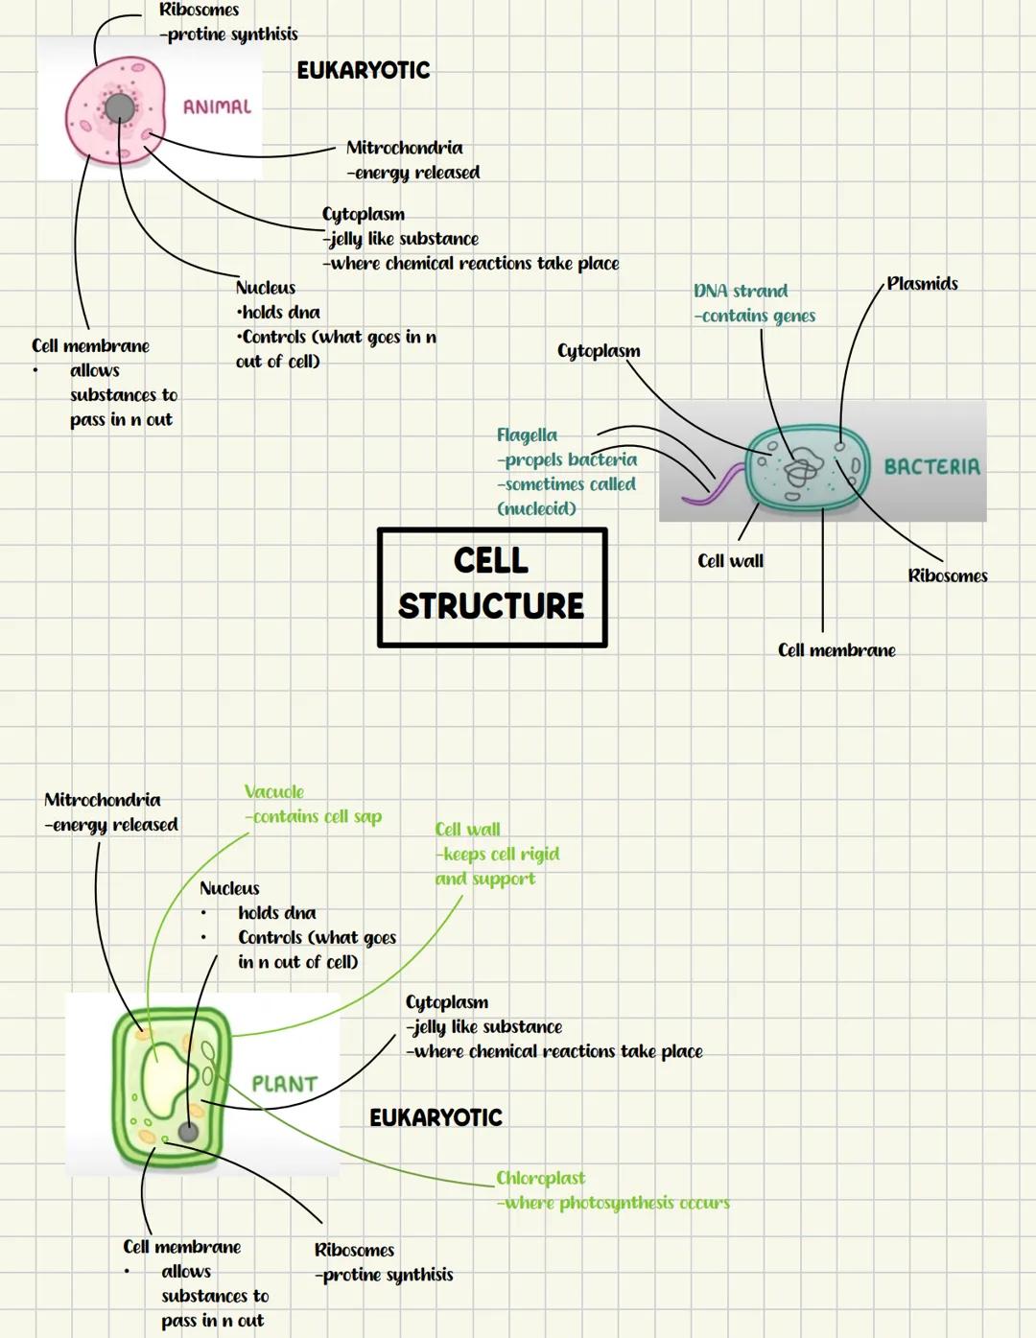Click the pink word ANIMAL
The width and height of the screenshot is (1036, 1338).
pos(217,106)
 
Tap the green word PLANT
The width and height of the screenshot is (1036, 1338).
pos(284,1084)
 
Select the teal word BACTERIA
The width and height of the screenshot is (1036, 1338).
pos(931,467)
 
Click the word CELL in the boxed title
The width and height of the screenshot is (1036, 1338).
pos(490,561)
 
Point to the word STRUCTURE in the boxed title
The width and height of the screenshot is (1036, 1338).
pos(491,606)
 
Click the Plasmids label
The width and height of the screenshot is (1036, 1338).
pos(922,284)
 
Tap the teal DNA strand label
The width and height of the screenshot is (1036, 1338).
pos(741,291)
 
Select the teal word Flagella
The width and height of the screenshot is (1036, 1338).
pos(527,435)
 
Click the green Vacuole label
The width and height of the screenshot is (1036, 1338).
pos(273,792)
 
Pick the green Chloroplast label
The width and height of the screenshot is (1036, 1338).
pos(540,1178)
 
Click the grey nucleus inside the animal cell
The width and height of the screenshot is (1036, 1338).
pos(120,108)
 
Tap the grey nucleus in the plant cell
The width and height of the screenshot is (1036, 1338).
pos(189,1132)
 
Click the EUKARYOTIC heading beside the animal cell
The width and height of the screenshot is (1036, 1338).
pos(363,70)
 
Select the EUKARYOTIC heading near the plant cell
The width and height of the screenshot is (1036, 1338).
pos(436,1117)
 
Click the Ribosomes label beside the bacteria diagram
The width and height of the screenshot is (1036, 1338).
pos(947,575)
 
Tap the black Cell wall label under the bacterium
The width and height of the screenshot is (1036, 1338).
pos(730,561)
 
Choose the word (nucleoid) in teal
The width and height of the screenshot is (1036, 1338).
pos(536,509)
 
